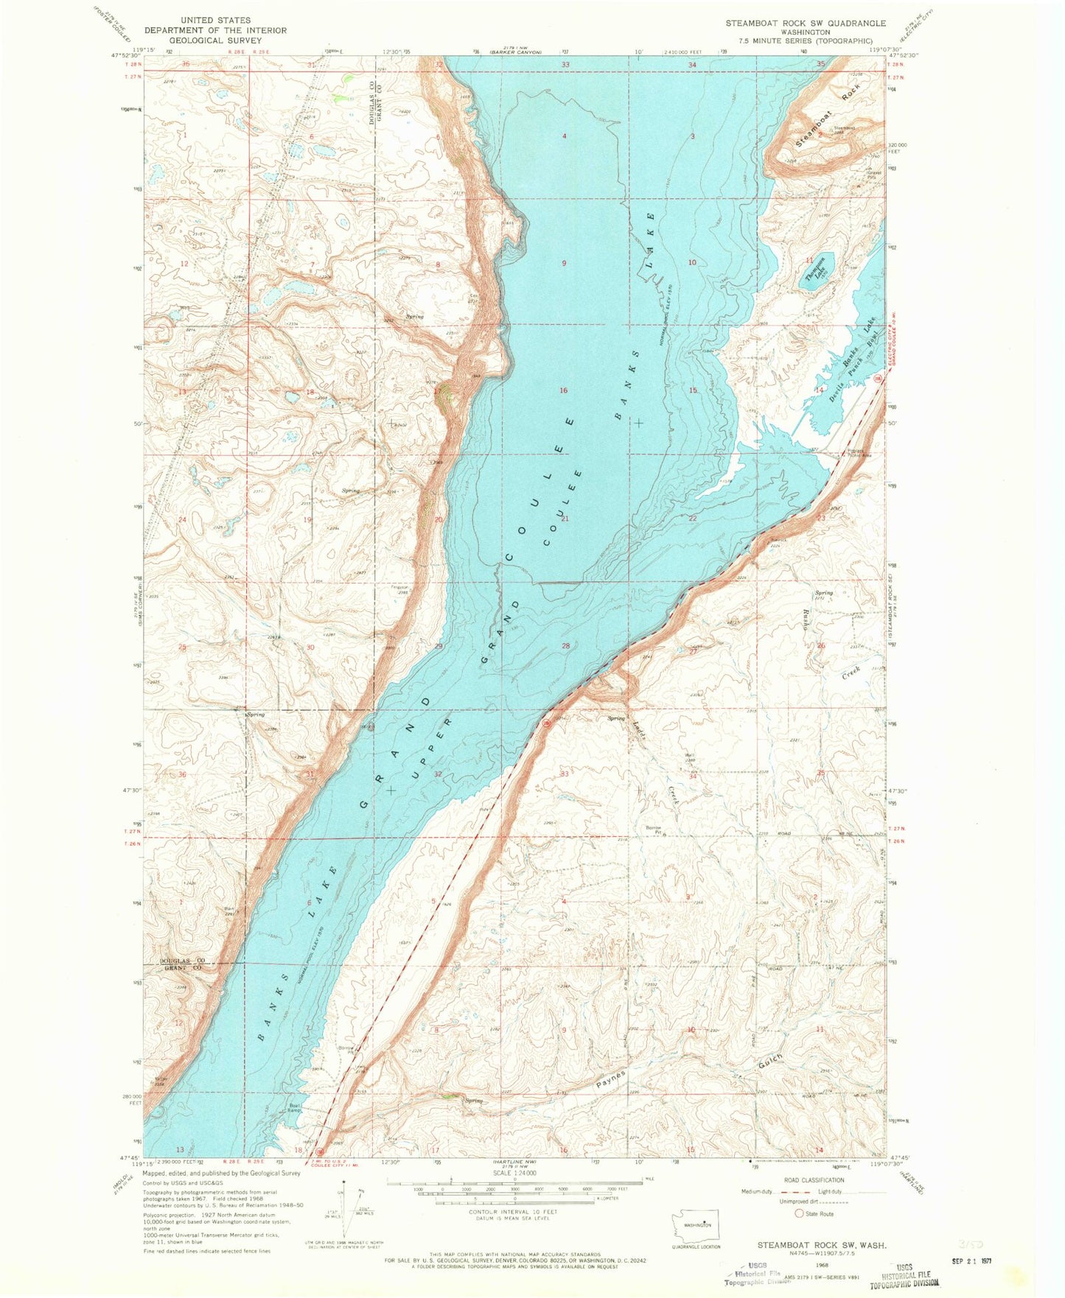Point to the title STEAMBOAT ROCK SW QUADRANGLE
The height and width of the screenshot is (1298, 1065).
click(x=805, y=23)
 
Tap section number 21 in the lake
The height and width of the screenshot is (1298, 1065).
click(x=565, y=519)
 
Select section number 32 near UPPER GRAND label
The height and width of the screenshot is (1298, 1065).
click(x=438, y=773)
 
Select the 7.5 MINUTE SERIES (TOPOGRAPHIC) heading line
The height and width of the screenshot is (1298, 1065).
click(x=805, y=41)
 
